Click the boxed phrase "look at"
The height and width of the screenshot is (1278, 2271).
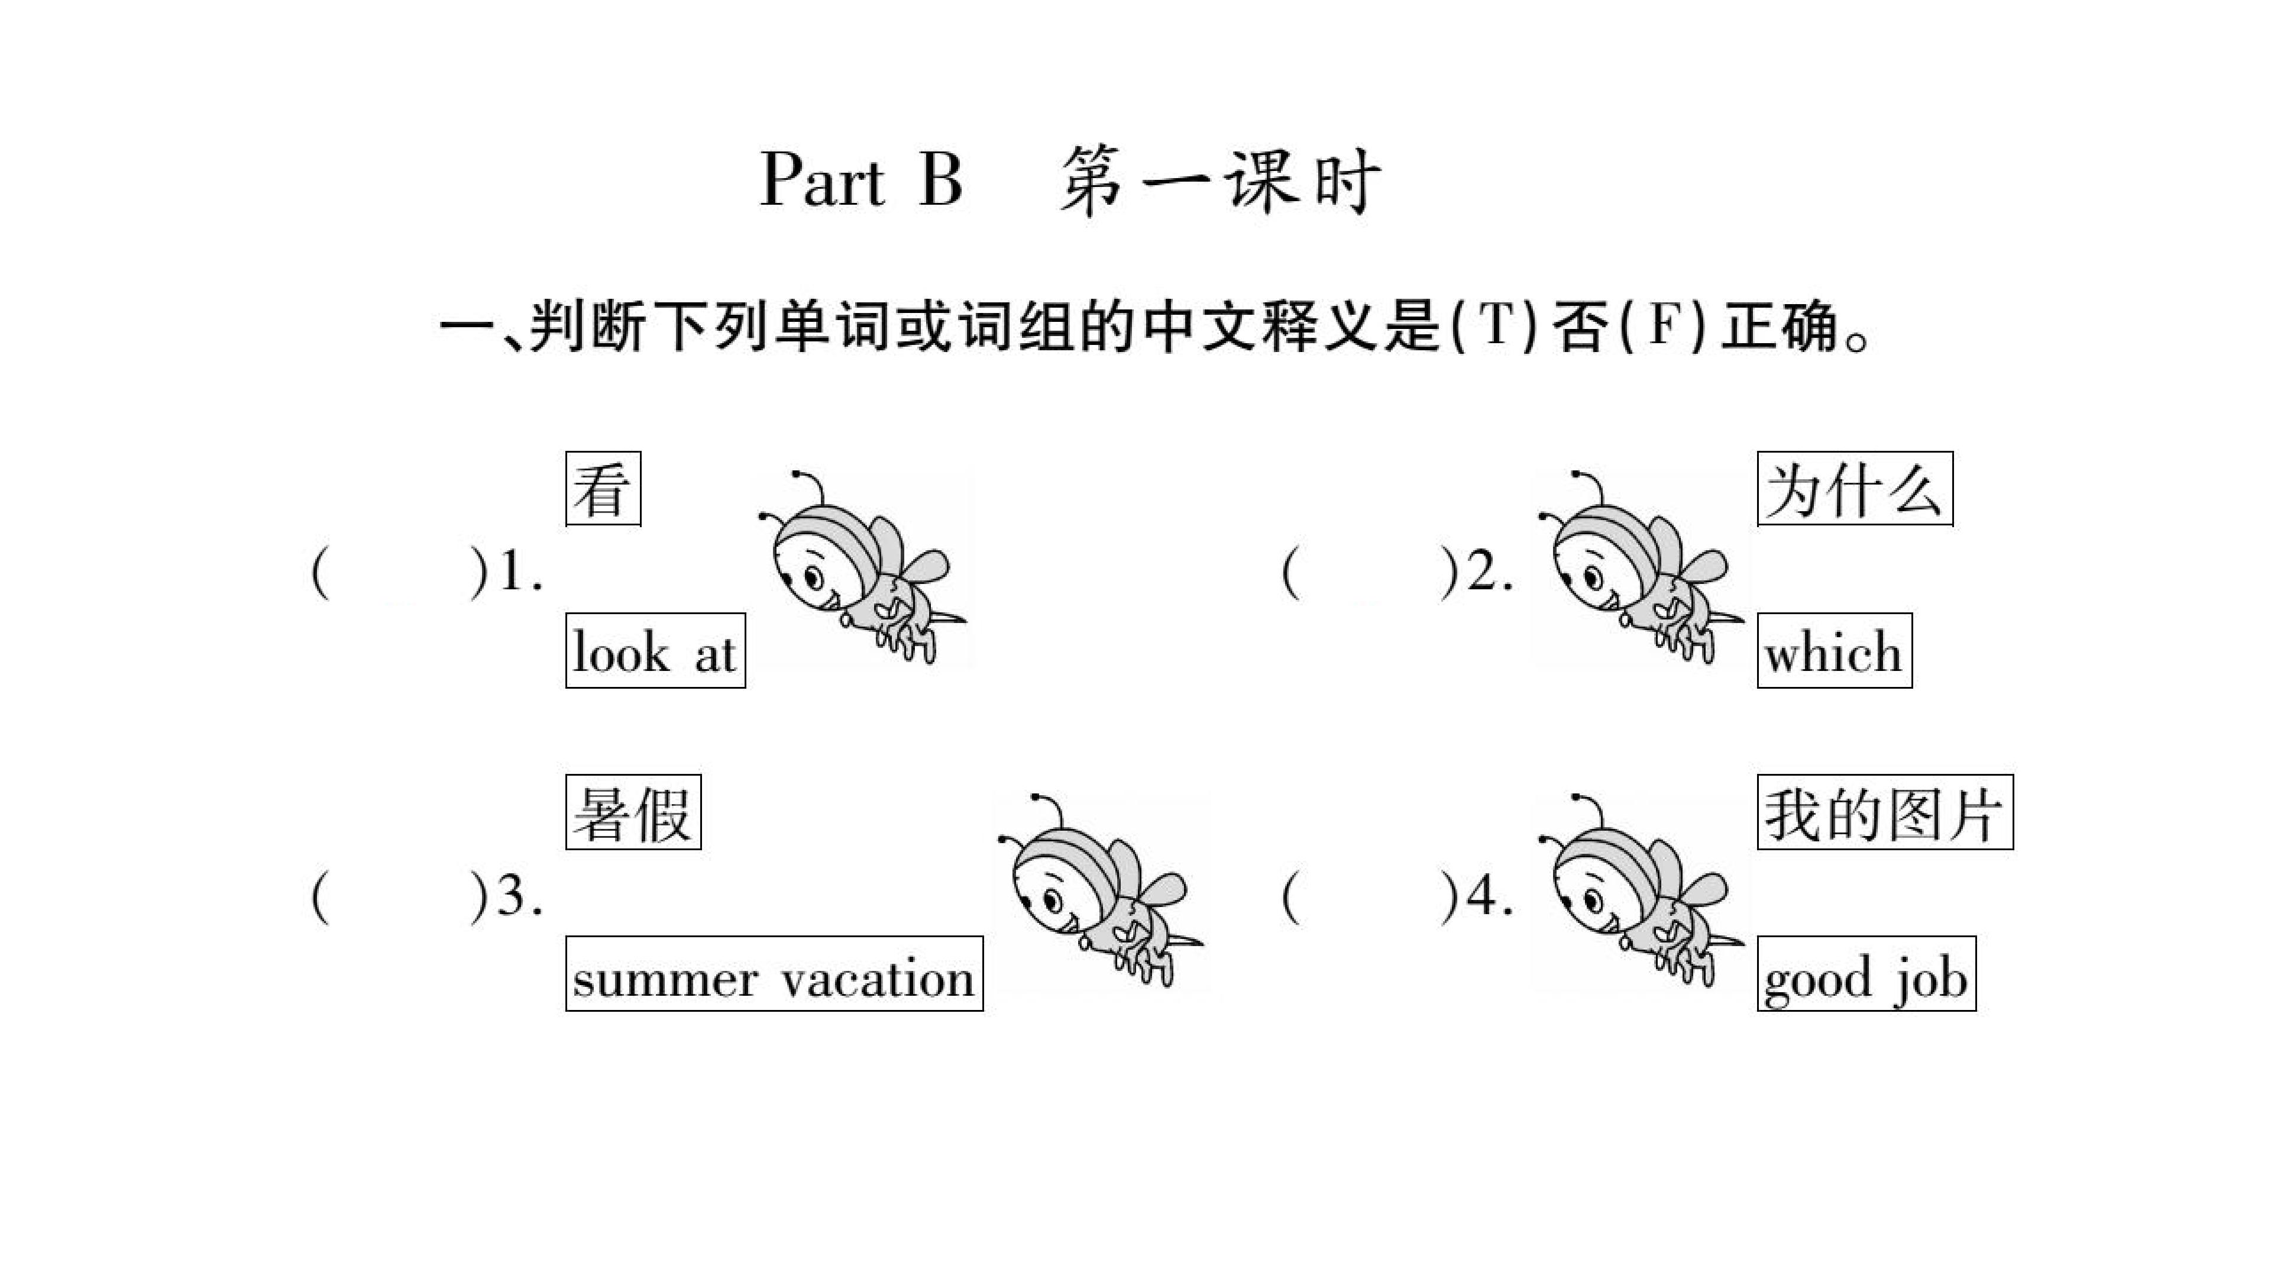pos(655,651)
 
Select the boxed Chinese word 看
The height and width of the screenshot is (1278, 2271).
pos(603,489)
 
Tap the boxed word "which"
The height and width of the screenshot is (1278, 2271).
pos(1835,651)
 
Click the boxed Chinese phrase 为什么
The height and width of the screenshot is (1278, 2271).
pos(1855,489)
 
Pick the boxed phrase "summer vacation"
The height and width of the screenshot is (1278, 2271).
pos(774,974)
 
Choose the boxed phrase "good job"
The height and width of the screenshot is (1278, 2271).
pos(1866,974)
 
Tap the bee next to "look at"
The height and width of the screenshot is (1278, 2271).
pos(862,567)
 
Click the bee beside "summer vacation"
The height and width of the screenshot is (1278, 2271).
pos(1102,891)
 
